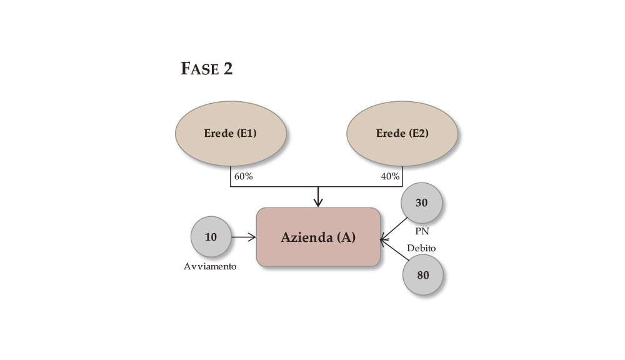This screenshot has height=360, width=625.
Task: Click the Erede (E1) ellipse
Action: (x=231, y=133)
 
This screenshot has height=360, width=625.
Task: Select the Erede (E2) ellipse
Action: (x=402, y=133)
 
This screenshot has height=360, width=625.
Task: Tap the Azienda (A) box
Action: (x=318, y=237)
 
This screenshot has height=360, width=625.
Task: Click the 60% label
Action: (x=243, y=176)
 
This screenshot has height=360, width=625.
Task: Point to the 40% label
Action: (x=390, y=176)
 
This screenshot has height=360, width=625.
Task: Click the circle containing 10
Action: (x=211, y=237)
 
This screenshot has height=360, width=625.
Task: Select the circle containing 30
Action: (x=422, y=203)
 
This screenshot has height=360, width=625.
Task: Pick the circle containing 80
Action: (x=423, y=274)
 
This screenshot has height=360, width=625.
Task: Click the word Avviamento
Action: (x=210, y=266)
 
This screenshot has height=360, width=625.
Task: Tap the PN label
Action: (x=422, y=231)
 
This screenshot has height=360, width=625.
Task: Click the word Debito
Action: (x=421, y=248)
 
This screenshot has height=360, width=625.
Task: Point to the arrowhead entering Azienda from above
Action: (x=318, y=202)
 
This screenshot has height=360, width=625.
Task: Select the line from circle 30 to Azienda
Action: (x=394, y=227)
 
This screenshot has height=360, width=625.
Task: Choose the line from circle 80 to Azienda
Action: (x=394, y=249)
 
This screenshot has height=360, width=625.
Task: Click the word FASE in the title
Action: (x=198, y=69)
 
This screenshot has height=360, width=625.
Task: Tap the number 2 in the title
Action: (x=227, y=69)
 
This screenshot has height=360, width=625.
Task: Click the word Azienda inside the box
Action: (x=306, y=237)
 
